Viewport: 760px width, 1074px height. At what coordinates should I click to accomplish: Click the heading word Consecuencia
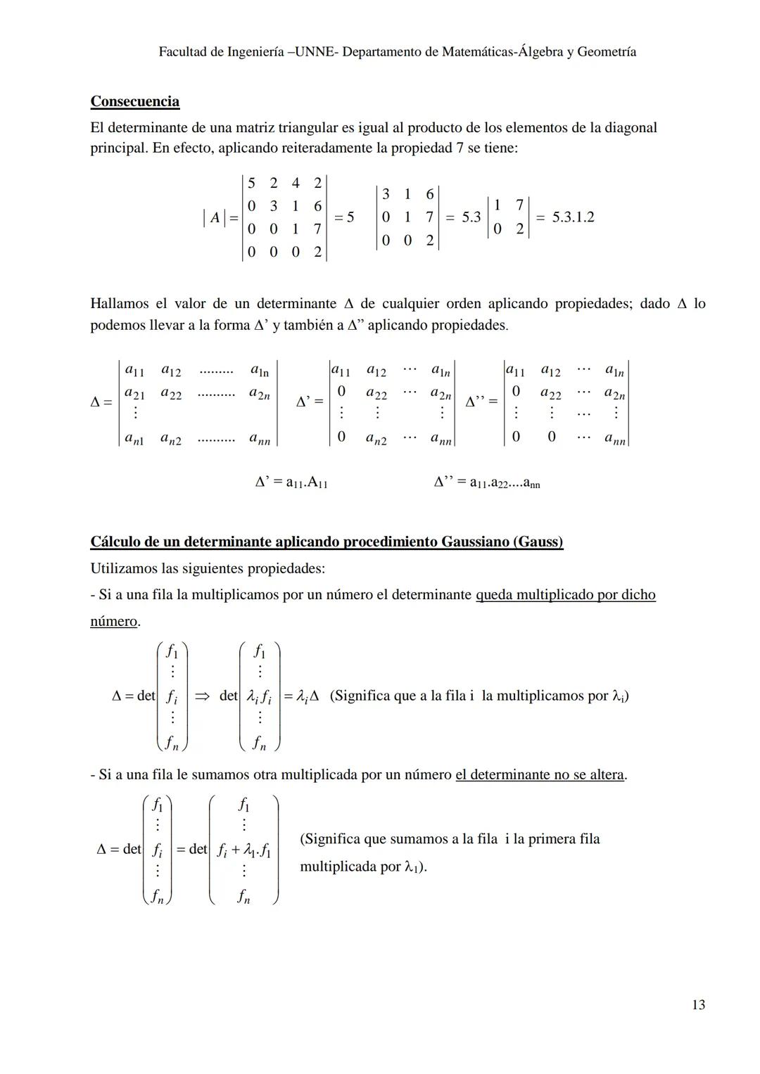(134, 101)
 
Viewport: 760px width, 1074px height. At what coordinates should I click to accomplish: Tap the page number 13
(698, 1004)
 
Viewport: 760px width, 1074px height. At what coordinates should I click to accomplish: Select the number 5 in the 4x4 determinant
(251, 183)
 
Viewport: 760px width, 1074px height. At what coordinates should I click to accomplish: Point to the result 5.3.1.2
(573, 217)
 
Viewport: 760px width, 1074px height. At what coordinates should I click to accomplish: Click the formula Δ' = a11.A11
(291, 482)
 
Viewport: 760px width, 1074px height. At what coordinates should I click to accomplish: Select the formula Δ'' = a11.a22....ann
(487, 482)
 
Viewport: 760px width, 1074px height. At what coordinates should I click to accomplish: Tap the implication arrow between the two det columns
(202, 696)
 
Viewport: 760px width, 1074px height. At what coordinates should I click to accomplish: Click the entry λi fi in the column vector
(260, 697)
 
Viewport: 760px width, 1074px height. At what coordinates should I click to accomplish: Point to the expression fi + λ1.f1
(243, 850)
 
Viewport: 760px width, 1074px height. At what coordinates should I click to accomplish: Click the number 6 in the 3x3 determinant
(429, 194)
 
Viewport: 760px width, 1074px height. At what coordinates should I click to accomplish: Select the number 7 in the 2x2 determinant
(519, 205)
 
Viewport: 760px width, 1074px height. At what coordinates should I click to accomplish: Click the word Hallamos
(119, 304)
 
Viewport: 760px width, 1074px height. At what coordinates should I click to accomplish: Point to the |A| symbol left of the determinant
(214, 219)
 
